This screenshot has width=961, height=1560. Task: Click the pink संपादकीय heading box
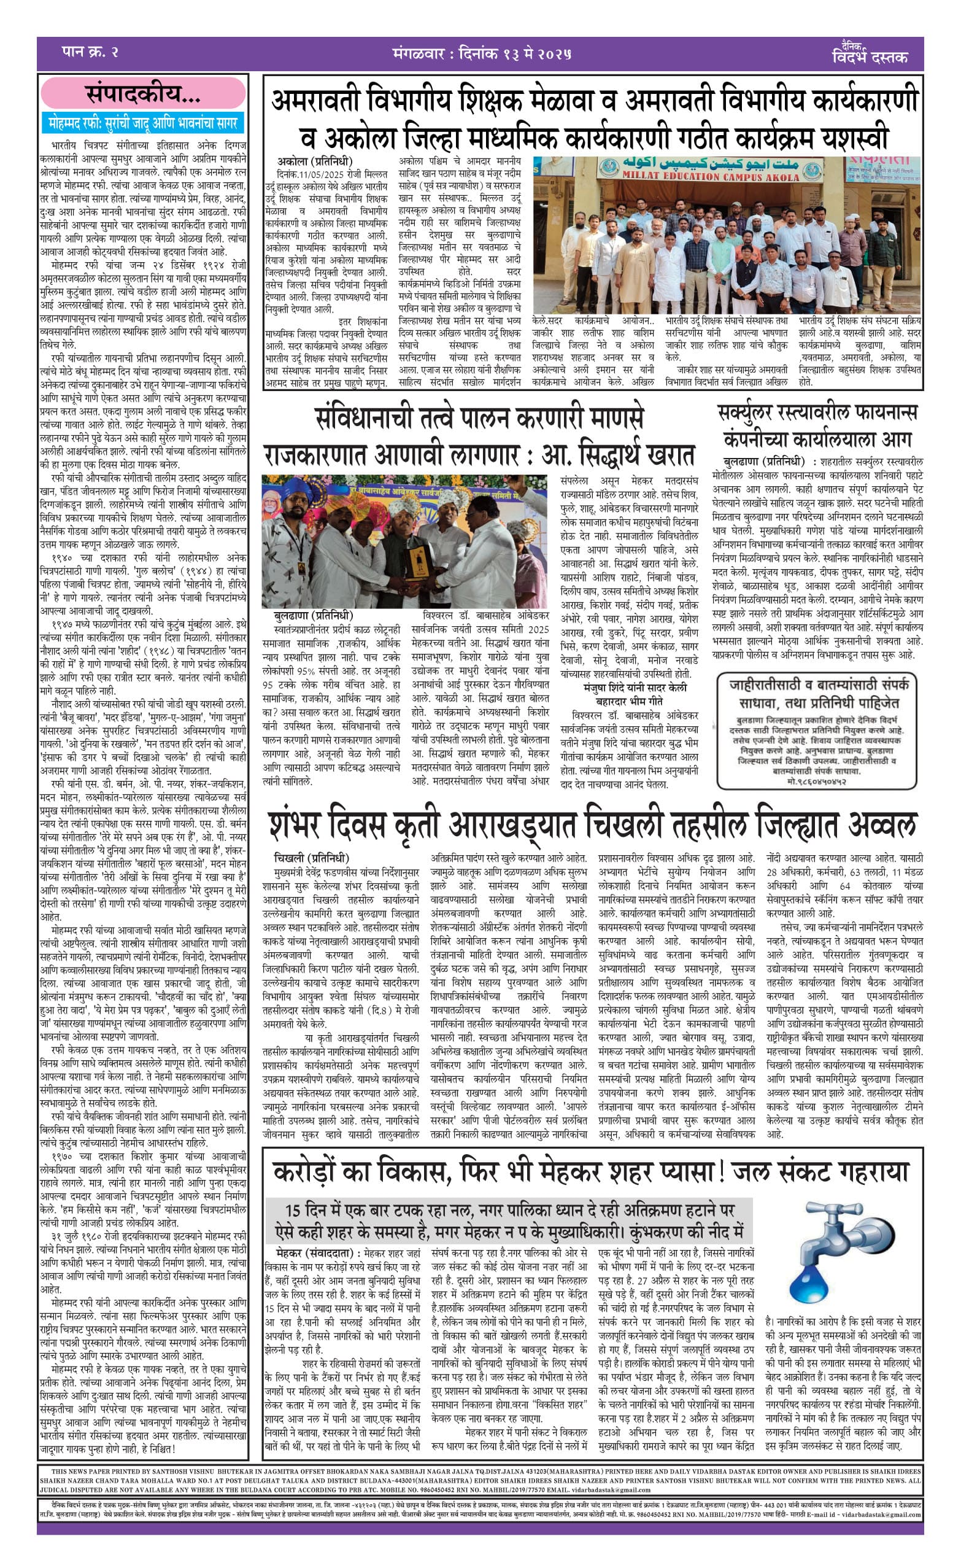(x=142, y=94)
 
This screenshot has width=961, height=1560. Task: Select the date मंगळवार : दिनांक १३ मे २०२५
(x=481, y=54)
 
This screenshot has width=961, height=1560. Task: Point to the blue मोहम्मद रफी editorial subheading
(x=143, y=123)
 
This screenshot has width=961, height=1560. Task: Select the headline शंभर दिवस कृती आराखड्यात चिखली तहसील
(x=592, y=825)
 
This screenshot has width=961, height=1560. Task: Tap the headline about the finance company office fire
(x=817, y=426)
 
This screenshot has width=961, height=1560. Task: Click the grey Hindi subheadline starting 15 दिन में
(x=509, y=1220)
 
